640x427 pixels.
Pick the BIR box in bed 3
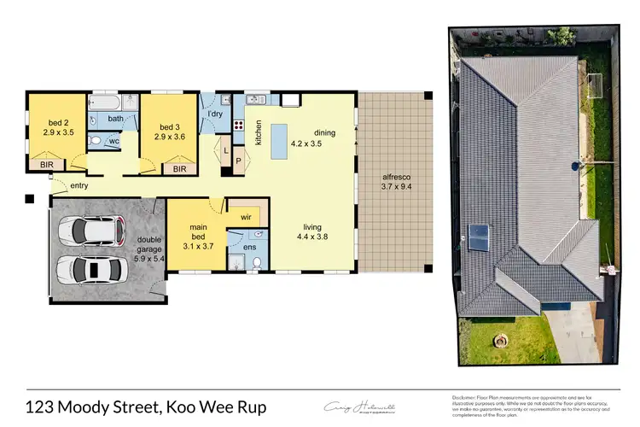click(x=179, y=169)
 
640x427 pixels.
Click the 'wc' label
click(x=113, y=141)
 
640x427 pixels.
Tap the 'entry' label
click(x=79, y=185)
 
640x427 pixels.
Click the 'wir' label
click(x=247, y=217)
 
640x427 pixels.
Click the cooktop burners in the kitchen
click(x=255, y=129)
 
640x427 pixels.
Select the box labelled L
click(x=224, y=153)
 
